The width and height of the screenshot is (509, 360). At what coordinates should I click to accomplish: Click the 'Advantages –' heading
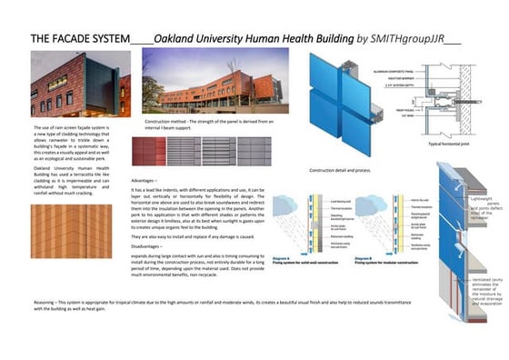pyautogui.click(x=149, y=181)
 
